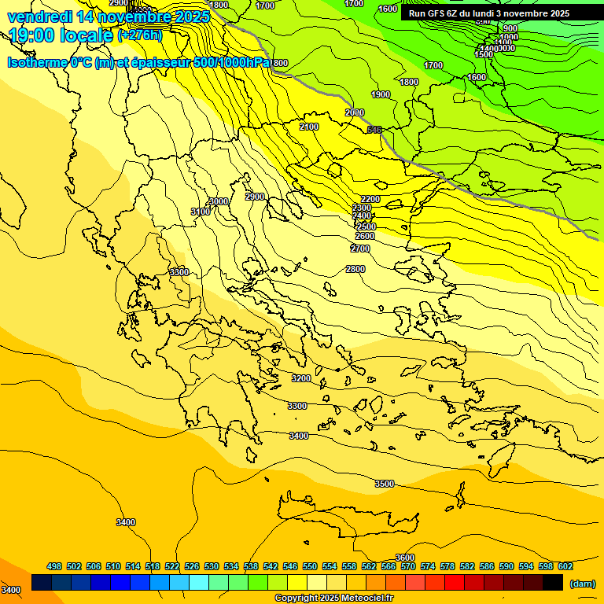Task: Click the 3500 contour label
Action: point(384,484)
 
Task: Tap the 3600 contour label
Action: point(404,558)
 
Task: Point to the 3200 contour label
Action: point(301,378)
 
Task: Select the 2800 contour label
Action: point(355,269)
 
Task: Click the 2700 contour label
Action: point(360,249)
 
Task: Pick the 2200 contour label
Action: point(370,199)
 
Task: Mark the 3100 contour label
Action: point(201,212)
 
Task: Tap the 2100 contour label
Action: point(309,127)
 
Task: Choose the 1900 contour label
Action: point(381,94)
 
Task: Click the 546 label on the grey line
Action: point(374,130)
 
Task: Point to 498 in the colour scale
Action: point(54,566)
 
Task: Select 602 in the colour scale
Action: point(565,566)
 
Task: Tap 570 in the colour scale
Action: point(408,566)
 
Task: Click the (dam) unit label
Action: point(582,584)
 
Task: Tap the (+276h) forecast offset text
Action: point(140,35)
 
